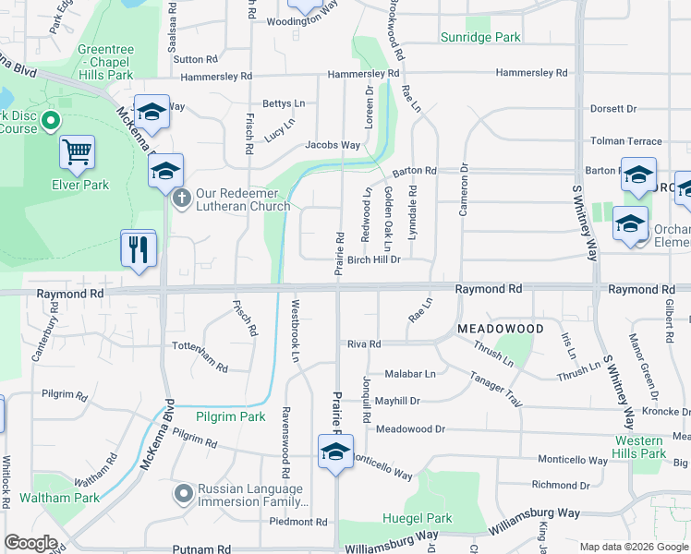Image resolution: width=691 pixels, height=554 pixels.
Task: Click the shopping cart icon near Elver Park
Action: click(78, 151)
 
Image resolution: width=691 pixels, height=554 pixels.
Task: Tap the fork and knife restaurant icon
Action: click(139, 249)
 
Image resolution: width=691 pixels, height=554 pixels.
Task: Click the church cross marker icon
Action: click(182, 197)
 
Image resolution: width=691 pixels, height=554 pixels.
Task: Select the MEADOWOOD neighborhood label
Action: click(499, 328)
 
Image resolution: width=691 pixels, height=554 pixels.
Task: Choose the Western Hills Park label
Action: click(639, 447)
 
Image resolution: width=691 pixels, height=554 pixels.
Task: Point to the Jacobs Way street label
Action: click(333, 145)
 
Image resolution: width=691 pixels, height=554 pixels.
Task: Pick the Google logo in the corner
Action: click(30, 543)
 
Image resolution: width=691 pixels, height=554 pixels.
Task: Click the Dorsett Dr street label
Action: click(613, 108)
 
